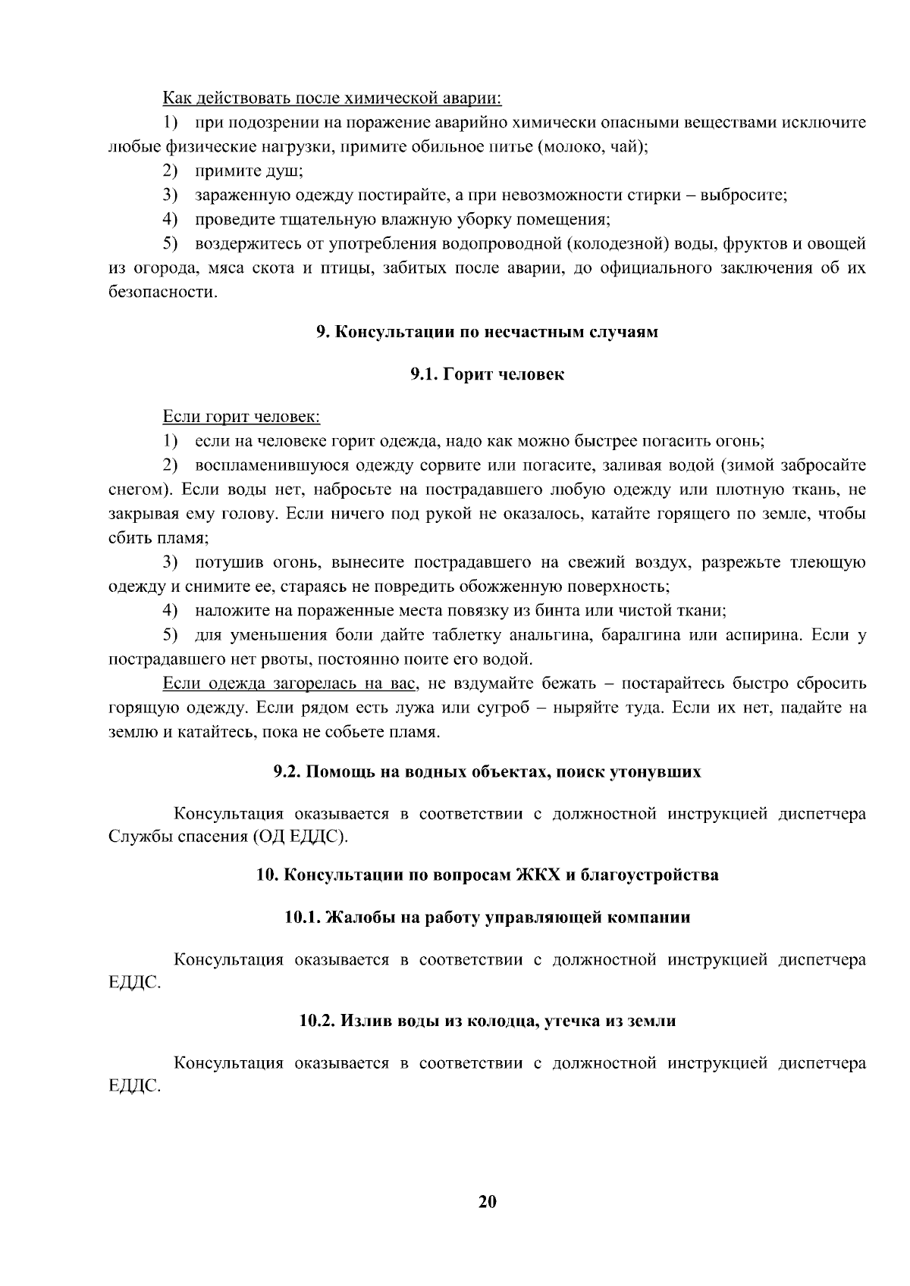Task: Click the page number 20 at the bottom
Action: coord(487,1202)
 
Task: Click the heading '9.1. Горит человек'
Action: coord(487,374)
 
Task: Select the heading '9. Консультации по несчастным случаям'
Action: coord(487,332)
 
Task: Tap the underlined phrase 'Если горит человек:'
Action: coord(242,417)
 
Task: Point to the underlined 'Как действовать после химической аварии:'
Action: coord(333,99)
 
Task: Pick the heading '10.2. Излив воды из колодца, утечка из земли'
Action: coord(487,1021)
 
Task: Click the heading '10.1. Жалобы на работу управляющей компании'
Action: coord(487,918)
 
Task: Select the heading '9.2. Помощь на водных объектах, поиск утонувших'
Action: coord(487,772)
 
